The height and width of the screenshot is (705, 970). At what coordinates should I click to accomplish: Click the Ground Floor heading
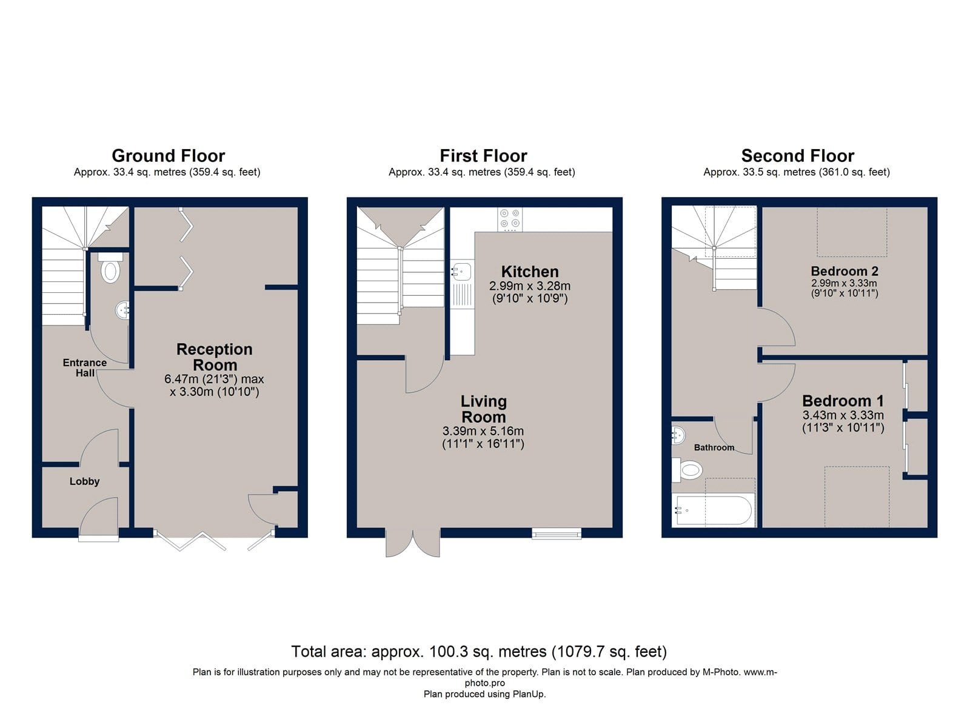169,156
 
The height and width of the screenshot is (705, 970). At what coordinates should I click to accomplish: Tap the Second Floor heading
798,156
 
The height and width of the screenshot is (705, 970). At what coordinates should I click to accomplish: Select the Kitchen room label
530,272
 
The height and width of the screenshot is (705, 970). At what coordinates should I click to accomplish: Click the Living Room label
483,409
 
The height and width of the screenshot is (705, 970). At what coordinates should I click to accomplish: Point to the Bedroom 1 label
843,401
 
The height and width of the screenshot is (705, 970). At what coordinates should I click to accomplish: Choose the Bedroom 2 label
845,271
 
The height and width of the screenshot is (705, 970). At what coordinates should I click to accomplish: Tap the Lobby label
84,481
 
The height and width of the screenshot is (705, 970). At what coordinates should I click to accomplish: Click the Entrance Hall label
85,368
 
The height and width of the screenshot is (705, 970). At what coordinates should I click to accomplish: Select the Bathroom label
714,447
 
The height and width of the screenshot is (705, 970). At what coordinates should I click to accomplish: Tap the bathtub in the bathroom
713,510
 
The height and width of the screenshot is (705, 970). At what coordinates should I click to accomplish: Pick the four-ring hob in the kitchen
510,219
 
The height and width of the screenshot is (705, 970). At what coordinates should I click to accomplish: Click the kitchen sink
462,282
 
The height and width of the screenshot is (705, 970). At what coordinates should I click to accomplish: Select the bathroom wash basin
678,435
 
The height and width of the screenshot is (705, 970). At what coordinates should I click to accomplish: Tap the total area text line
479,652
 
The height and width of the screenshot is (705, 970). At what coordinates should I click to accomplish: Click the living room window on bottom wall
557,533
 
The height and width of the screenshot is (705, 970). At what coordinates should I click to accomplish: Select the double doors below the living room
413,542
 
